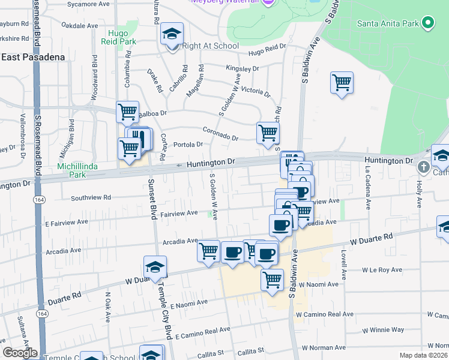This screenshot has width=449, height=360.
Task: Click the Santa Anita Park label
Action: pos(387,24)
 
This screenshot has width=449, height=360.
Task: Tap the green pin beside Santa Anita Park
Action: pos(427,23)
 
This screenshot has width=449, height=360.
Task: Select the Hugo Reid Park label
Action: pos(122,38)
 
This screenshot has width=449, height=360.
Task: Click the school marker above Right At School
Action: pos(172,35)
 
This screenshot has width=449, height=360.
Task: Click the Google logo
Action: pos(20,353)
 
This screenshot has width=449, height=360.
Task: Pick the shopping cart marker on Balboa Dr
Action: pos(127,112)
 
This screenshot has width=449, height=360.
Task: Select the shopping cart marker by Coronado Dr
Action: pos(268,133)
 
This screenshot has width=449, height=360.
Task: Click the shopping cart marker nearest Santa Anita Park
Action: pos(342,83)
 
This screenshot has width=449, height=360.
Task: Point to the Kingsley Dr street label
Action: pos(242,68)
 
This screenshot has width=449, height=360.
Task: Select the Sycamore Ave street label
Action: pos(88,4)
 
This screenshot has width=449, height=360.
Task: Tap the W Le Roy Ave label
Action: pos(385,270)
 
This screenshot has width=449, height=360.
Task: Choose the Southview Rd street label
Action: pos(91,197)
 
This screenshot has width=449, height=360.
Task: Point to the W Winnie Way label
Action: pos(384,329)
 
